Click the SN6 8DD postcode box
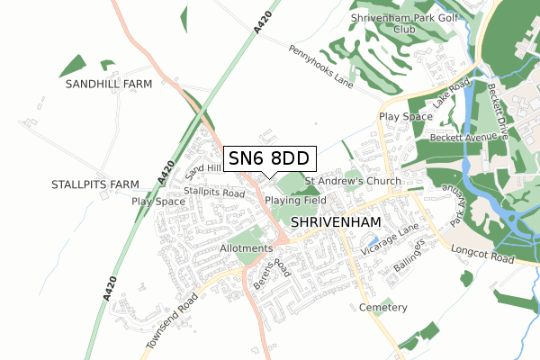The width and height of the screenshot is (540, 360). pyautogui.click(x=269, y=158)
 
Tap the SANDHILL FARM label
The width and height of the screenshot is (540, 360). pyautogui.click(x=109, y=84)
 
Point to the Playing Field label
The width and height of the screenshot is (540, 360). pyautogui.click(x=296, y=200)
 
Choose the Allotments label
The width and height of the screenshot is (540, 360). pyautogui.click(x=246, y=247)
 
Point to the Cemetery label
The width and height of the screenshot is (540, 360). pyautogui.click(x=383, y=307)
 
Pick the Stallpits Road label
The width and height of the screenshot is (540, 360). pyautogui.click(x=214, y=193)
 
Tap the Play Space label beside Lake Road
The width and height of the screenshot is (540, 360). pyautogui.click(x=405, y=117)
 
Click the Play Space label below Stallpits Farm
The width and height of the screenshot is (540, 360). pyautogui.click(x=158, y=202)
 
